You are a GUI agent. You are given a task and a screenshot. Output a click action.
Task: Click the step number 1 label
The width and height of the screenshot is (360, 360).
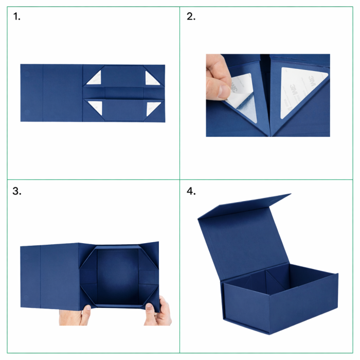click(x=17, y=16)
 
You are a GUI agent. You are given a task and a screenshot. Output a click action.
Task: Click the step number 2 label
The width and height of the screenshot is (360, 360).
click(x=191, y=16)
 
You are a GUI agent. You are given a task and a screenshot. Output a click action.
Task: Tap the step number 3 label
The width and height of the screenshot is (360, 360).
click(x=17, y=191)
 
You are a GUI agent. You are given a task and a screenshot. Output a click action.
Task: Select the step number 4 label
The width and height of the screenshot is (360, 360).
click(x=191, y=191)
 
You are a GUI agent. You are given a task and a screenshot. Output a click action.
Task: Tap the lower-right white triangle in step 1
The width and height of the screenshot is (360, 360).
click(x=152, y=107)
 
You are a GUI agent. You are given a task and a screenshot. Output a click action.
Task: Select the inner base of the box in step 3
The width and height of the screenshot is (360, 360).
click(x=118, y=277)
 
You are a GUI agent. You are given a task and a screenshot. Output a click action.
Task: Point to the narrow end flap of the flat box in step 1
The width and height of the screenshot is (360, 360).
click(x=32, y=93)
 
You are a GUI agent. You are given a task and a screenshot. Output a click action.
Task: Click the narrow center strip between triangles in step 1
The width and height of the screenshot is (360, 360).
click(x=124, y=93)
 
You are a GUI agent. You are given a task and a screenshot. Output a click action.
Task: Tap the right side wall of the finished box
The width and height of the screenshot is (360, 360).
click(x=303, y=303)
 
